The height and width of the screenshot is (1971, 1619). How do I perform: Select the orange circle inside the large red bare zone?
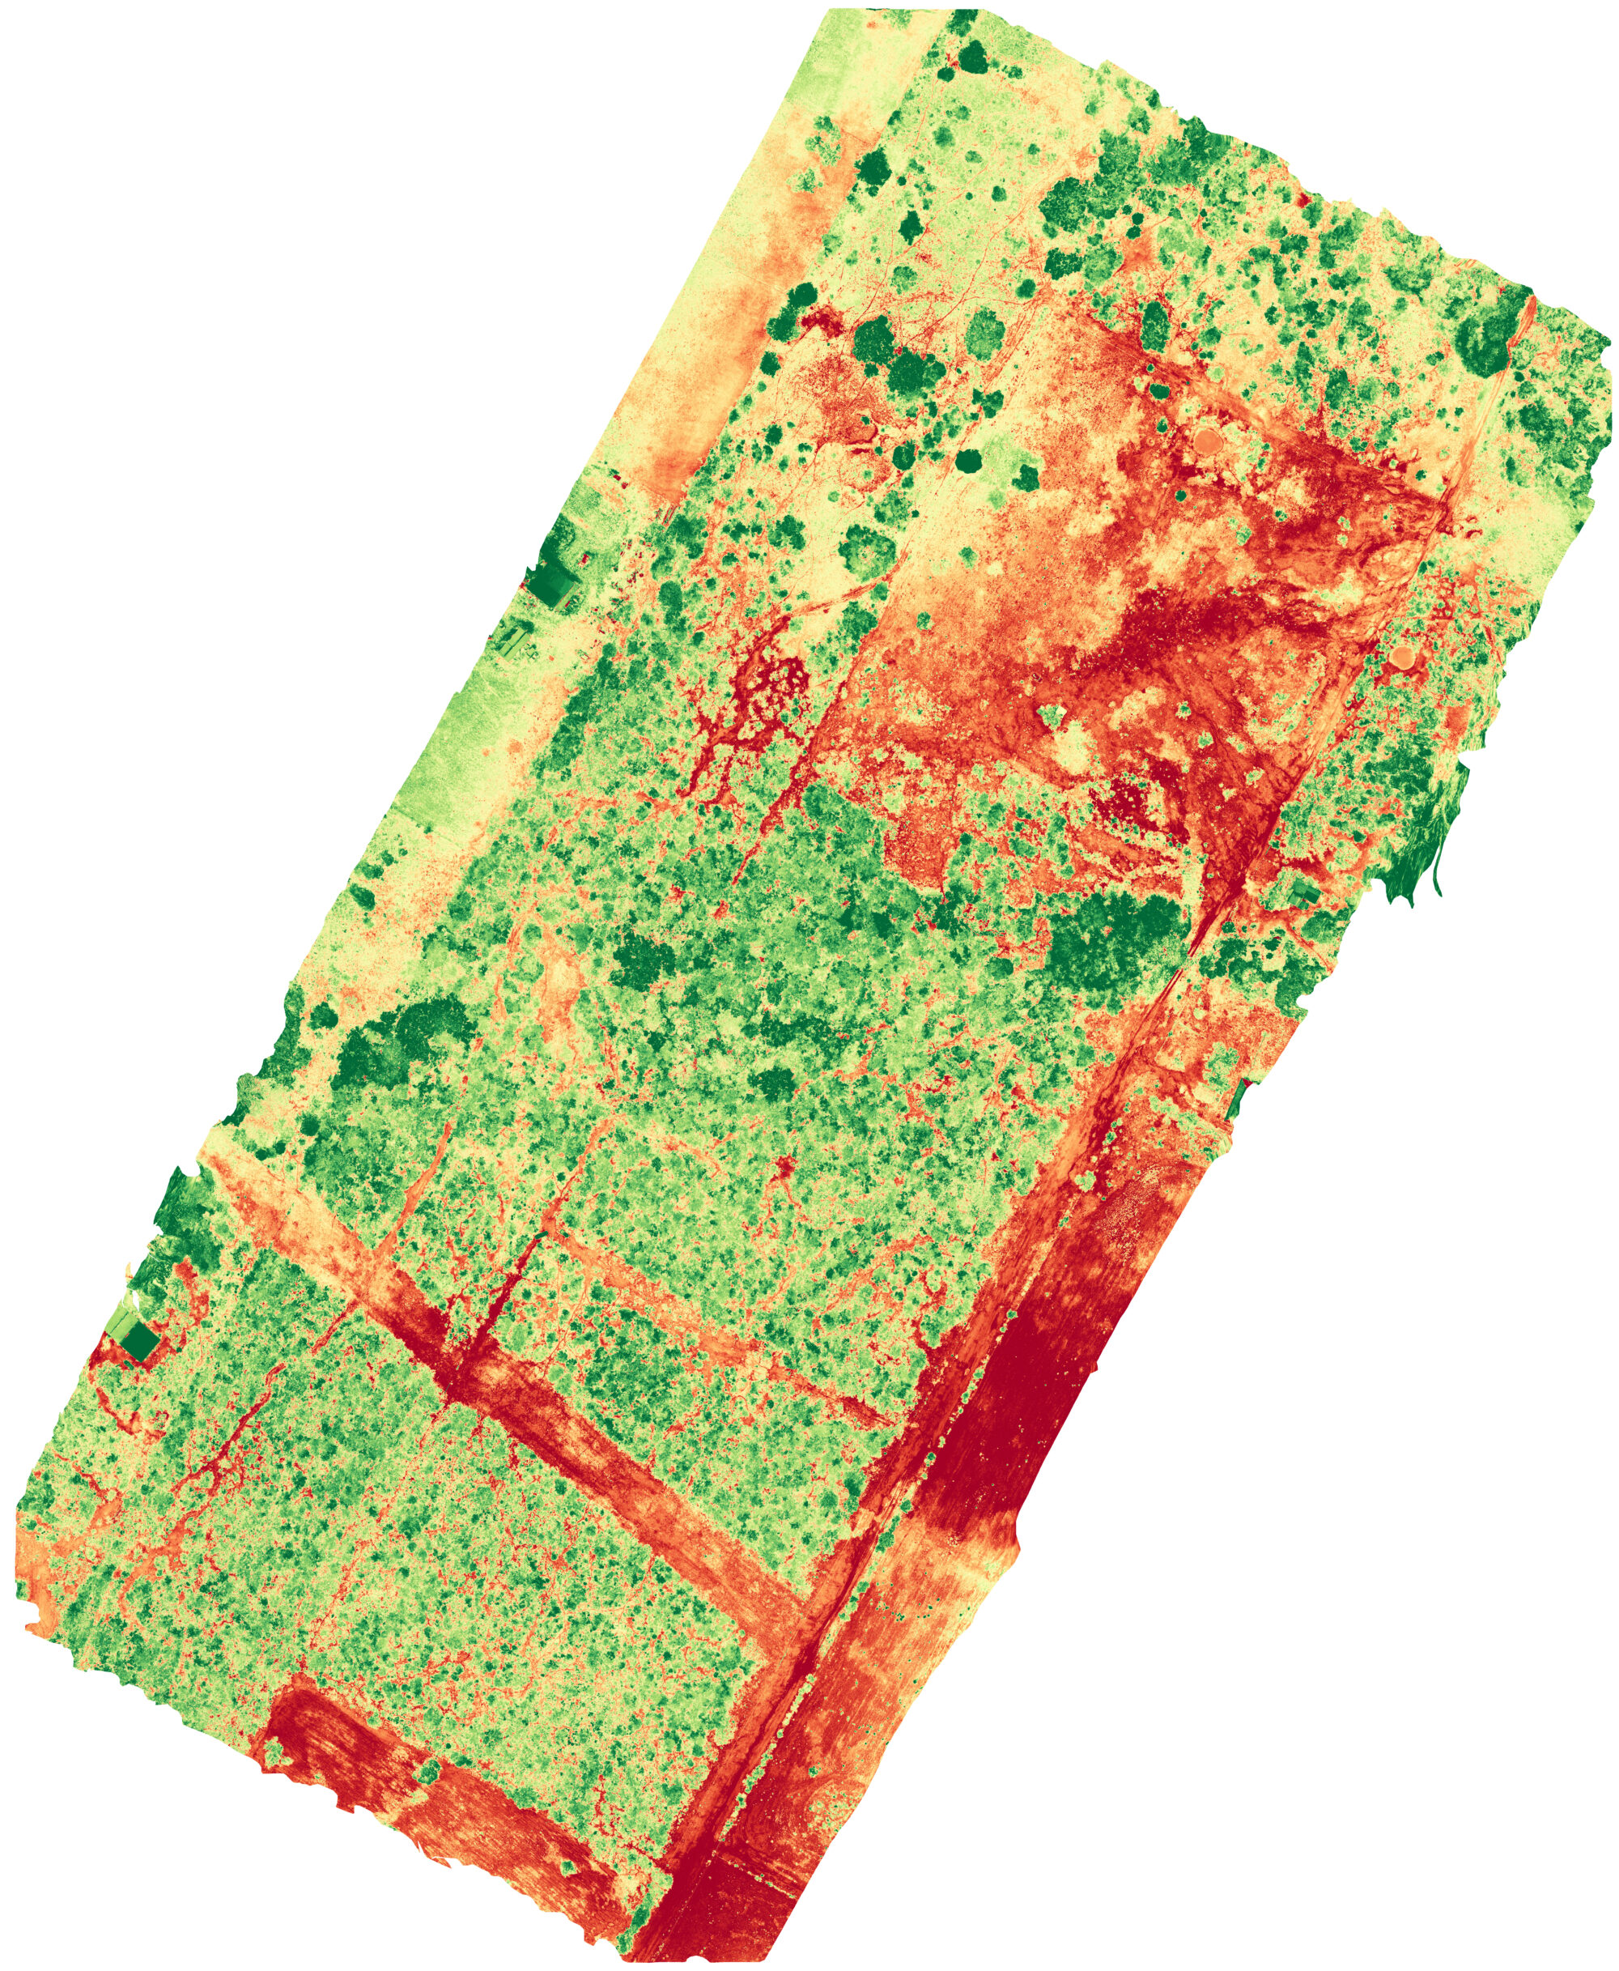click(1207, 438)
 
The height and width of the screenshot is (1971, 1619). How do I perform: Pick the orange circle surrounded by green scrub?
click(1400, 657)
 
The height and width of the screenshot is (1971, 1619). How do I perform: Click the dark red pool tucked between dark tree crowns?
click(821, 321)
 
